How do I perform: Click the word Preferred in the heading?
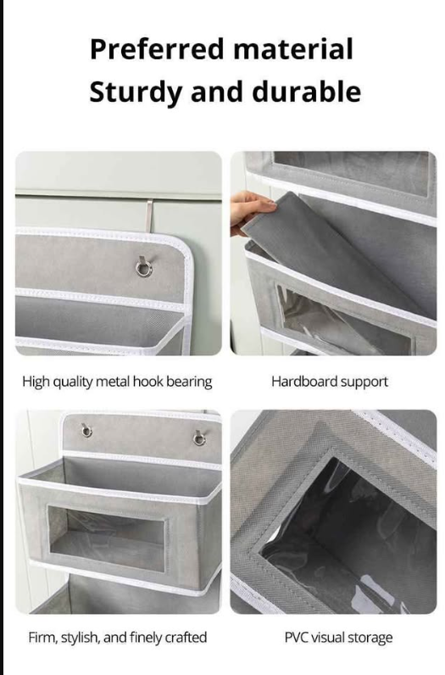pos(157,49)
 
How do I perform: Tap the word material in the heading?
pos(293,48)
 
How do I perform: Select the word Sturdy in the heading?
pos(136,92)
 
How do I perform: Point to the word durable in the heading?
pos(306,92)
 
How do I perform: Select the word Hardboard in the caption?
pos(304,382)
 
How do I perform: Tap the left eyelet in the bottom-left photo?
pos(86,431)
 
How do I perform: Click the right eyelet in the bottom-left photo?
pos(199,438)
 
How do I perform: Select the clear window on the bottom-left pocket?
pos(107,538)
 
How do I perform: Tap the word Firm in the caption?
pos(43,637)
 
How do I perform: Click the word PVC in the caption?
pos(296,638)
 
